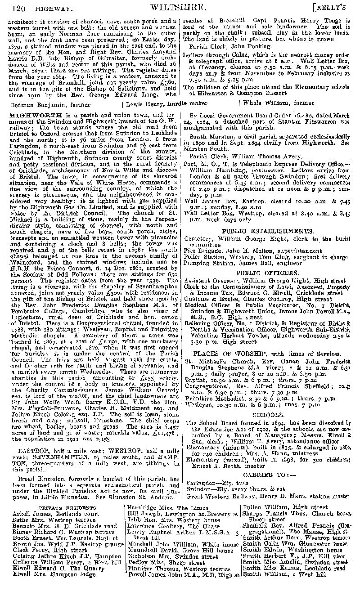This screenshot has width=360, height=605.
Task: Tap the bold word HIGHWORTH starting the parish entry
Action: pos(28,116)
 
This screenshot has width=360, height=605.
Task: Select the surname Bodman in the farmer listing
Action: pos(21,103)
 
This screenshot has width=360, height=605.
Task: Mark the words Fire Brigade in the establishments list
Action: pos(199,251)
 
